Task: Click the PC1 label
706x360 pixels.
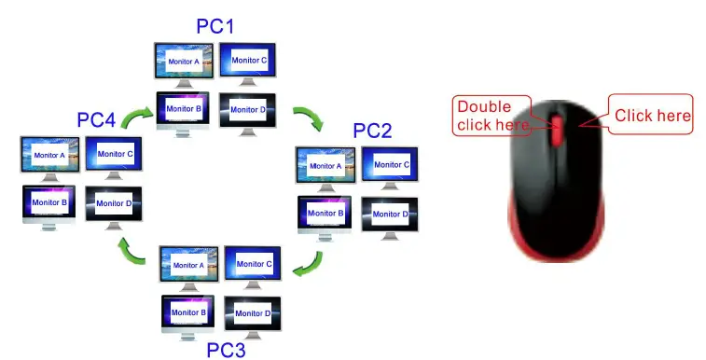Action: tap(215, 25)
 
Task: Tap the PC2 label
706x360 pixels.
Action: tap(373, 130)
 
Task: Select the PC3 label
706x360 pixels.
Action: tap(225, 351)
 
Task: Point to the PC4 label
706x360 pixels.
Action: tap(97, 119)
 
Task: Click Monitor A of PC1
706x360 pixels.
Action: tap(183, 62)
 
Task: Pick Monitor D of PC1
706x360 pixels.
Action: tap(247, 110)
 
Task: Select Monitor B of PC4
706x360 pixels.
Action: tap(49, 202)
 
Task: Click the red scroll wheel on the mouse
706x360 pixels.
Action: tap(556, 131)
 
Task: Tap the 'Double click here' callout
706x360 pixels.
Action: tap(491, 115)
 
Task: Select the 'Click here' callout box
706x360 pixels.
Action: tap(652, 115)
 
